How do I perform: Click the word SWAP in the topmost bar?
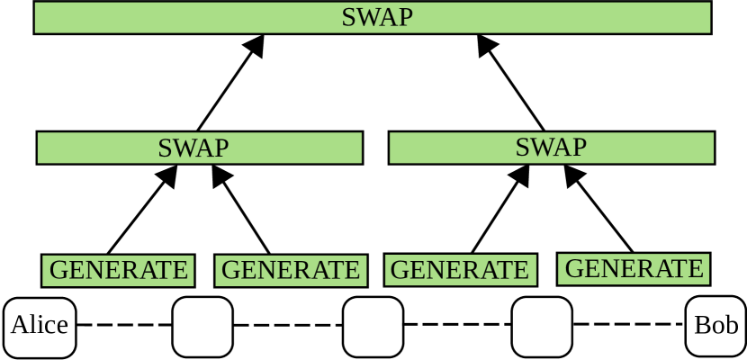coord(376,18)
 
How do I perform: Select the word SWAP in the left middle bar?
coord(193,148)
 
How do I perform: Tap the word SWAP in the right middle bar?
coord(550,148)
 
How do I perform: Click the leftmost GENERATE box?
coord(118,270)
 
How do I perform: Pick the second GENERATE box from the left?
coord(290,270)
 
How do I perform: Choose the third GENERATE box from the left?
coord(460,270)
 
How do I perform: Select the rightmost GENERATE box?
coord(634,269)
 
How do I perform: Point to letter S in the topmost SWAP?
coord(348,18)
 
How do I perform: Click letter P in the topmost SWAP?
coord(405,18)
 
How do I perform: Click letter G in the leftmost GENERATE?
coord(58,270)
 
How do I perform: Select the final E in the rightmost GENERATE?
coord(695,269)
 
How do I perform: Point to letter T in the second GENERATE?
coord(336,270)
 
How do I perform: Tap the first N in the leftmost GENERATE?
coord(94,270)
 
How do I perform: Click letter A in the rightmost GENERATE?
coord(662,269)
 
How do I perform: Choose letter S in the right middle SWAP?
coord(522,148)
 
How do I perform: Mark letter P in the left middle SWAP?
coord(221,148)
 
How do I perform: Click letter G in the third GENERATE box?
coord(400,270)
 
